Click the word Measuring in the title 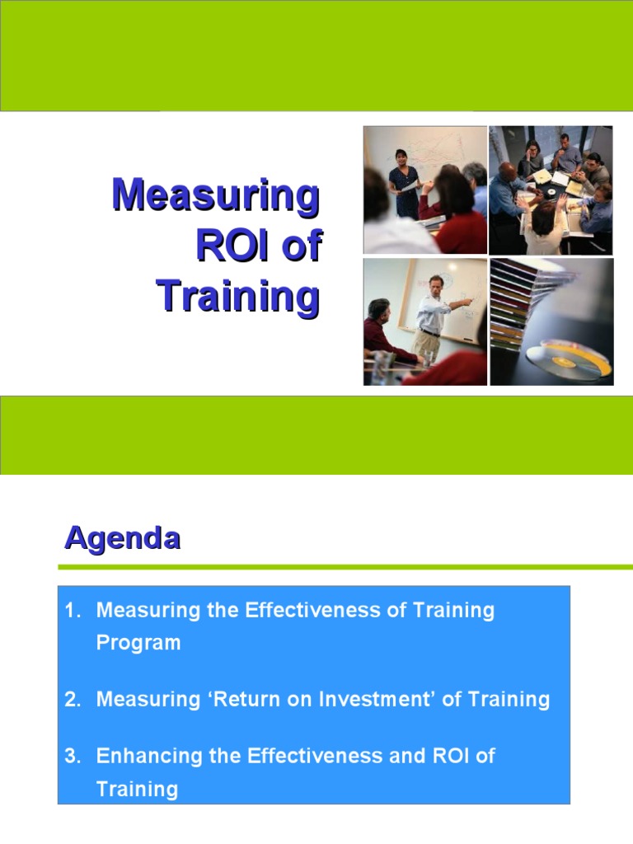point(216,196)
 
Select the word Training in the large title point(238,297)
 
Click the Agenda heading point(123,539)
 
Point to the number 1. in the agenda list point(74,611)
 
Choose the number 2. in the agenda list point(74,700)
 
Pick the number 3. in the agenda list point(74,756)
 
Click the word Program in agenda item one point(138,643)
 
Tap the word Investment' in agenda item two point(377,700)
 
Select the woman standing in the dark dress point(404,177)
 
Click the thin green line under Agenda point(345,567)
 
